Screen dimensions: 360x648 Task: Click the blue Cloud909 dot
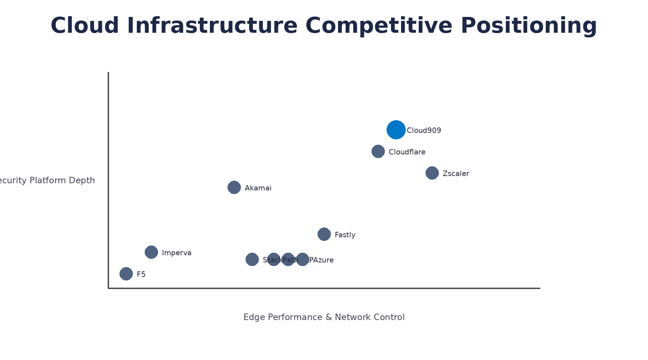click(x=396, y=130)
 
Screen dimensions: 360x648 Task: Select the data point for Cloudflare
click(x=378, y=151)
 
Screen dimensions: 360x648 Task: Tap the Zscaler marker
click(x=432, y=173)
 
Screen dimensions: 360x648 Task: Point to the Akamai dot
click(x=234, y=187)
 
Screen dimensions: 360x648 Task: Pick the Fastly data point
click(x=324, y=234)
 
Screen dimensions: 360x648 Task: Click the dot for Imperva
click(x=151, y=252)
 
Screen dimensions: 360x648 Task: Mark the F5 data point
click(x=126, y=274)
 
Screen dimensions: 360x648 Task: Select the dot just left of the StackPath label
click(x=252, y=259)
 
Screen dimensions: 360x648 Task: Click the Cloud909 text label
click(x=424, y=130)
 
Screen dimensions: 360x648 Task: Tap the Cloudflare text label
click(x=407, y=152)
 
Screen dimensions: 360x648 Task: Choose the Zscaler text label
click(x=456, y=174)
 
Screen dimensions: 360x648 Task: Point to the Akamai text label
click(x=258, y=188)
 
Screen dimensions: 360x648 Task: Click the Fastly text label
click(x=345, y=235)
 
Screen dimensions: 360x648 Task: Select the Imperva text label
click(x=176, y=253)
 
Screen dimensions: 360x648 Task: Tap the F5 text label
click(x=141, y=274)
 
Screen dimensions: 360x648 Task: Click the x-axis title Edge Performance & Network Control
click(x=324, y=317)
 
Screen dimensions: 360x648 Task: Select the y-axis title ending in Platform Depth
click(x=47, y=180)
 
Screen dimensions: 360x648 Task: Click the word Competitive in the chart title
click(x=379, y=26)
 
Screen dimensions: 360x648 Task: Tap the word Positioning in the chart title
click(x=528, y=26)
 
